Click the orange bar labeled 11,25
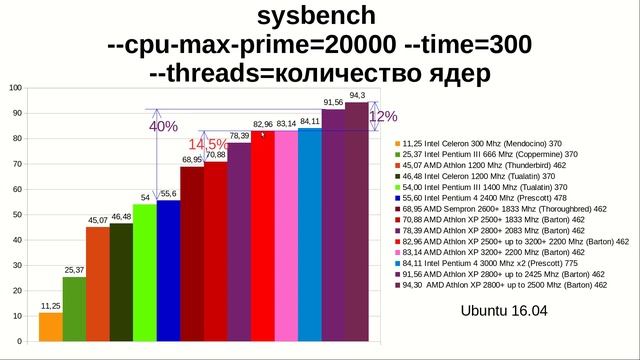tap(50, 327)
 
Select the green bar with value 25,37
tap(74, 309)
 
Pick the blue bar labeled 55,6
tap(168, 271)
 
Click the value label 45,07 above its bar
tap(98, 220)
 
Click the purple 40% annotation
tap(163, 127)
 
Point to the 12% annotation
tap(383, 116)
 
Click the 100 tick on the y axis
tap(15, 88)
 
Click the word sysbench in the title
tap(318, 16)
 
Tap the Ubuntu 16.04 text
tap(504, 311)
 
